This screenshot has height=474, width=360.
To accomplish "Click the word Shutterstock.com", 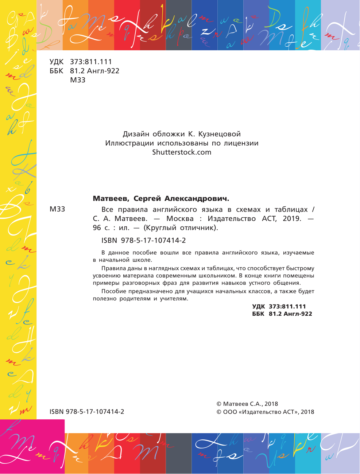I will point(182,152).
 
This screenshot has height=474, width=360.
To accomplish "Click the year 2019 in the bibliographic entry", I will point(292,219).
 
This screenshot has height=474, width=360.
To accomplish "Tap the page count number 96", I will point(97,228).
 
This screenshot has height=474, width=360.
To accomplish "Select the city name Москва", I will point(180,219).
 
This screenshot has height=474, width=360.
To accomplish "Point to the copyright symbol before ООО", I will point(219,412).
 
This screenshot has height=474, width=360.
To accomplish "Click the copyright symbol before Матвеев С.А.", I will point(219,404).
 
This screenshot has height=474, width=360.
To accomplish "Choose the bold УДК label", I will point(259,307).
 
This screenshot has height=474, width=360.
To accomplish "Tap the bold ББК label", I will point(258,314).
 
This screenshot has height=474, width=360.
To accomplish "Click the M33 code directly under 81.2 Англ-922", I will point(78,80).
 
